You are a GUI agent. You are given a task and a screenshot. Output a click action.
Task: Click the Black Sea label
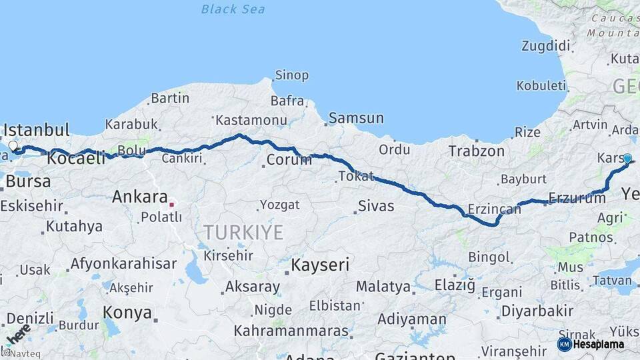(233, 9)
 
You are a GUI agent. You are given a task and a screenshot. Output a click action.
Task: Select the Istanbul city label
(37, 129)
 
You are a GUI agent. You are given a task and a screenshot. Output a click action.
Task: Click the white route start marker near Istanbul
(13, 145)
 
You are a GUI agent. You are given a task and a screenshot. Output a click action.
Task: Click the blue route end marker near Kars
(627, 158)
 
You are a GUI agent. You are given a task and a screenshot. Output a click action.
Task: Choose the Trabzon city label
(476, 151)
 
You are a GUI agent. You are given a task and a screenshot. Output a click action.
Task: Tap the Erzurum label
(577, 197)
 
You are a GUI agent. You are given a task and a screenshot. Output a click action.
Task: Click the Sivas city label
(376, 206)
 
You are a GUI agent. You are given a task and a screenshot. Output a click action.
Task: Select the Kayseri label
(320, 265)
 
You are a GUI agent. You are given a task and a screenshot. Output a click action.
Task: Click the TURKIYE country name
(243, 233)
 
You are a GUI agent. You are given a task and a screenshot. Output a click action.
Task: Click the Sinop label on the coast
(292, 75)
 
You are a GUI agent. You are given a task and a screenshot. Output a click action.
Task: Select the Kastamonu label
(251, 121)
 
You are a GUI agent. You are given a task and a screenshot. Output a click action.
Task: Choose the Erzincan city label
(494, 209)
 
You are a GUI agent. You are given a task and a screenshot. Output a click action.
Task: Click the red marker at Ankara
(171, 205)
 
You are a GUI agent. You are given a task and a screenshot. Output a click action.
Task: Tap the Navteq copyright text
(17, 354)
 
